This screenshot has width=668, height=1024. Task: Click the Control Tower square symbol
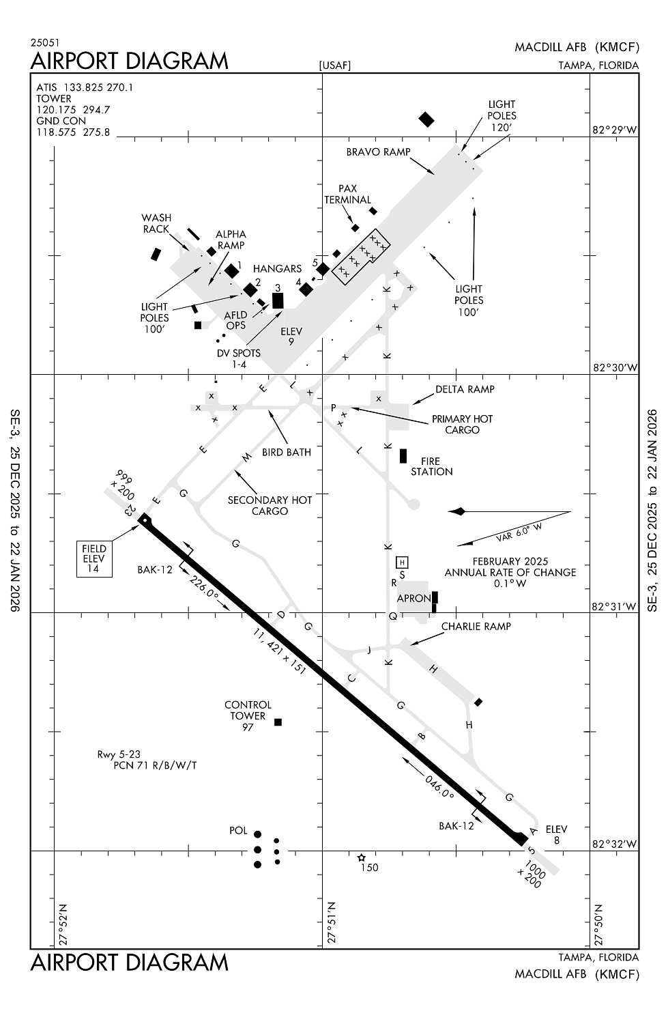pyautogui.click(x=278, y=722)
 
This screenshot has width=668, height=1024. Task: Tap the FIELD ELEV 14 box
pyautogui.click(x=94, y=558)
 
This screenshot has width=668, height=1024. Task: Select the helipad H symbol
pyautogui.click(x=403, y=562)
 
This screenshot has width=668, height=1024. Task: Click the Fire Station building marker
pyautogui.click(x=403, y=456)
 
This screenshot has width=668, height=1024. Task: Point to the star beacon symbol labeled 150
pyautogui.click(x=362, y=857)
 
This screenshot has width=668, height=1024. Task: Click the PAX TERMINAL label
pyautogui.click(x=348, y=195)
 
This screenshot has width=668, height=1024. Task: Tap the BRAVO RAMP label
pyautogui.click(x=378, y=152)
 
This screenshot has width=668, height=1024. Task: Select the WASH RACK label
pyautogui.click(x=156, y=223)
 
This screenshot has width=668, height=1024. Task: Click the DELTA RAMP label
pyautogui.click(x=465, y=389)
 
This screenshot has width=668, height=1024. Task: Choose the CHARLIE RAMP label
pyautogui.click(x=476, y=626)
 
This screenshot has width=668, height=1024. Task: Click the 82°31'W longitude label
pyautogui.click(x=615, y=606)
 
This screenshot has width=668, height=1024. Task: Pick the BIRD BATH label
pyautogui.click(x=287, y=452)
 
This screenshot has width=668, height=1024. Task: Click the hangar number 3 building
pyautogui.click(x=278, y=300)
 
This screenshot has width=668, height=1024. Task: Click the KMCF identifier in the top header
pyautogui.click(x=617, y=47)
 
